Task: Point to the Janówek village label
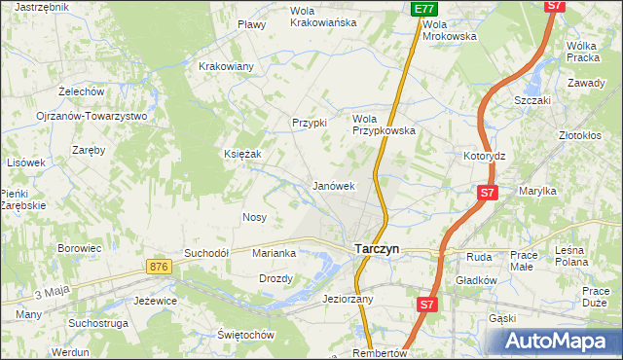332,185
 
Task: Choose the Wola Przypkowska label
384,124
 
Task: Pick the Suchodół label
206,253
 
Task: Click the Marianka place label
274,253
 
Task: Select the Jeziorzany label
348,299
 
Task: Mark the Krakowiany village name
226,66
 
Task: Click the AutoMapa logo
557,341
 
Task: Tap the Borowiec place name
80,248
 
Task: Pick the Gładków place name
477,280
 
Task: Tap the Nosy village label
254,217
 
